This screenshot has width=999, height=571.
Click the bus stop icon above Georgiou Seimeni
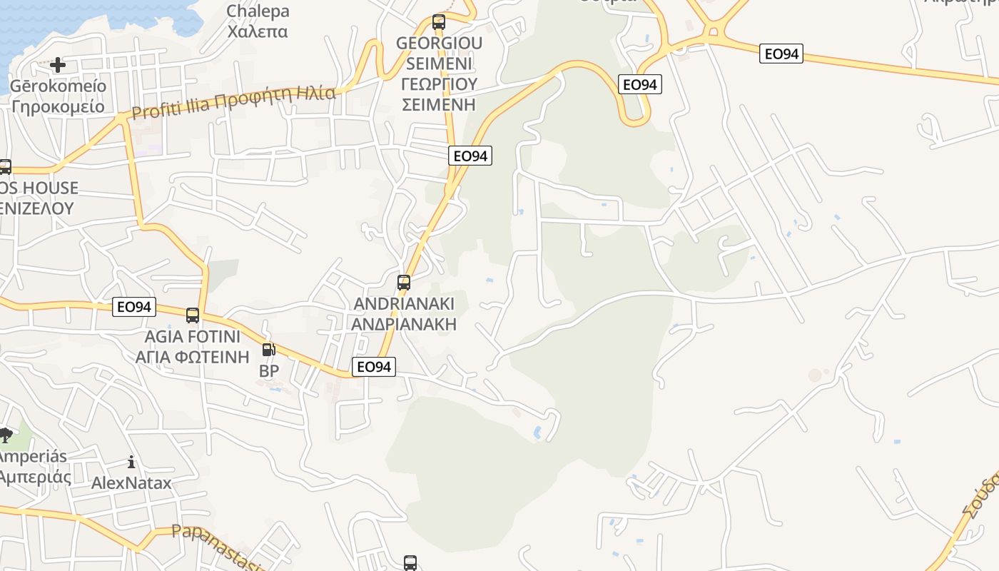439,22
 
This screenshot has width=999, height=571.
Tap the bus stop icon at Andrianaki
404,283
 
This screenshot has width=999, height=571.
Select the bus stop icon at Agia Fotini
193,315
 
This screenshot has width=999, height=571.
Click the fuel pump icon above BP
269,350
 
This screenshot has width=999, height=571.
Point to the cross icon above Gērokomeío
58,65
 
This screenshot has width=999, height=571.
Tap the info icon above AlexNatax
131,462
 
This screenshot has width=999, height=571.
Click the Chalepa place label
258,11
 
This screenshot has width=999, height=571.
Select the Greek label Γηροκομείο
58,107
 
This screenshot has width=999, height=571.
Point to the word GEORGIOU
439,43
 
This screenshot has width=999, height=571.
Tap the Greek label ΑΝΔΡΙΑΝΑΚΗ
404,324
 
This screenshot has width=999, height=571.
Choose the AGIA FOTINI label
193,336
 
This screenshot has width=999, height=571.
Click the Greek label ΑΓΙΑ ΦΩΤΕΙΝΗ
193,356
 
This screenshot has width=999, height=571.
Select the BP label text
269,371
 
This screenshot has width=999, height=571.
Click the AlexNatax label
131,483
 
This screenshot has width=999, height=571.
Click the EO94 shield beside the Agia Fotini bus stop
134,307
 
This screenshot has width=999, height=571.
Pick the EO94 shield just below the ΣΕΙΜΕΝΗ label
470,156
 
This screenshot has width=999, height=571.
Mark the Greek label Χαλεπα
258,31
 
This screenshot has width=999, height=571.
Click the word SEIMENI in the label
439,63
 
